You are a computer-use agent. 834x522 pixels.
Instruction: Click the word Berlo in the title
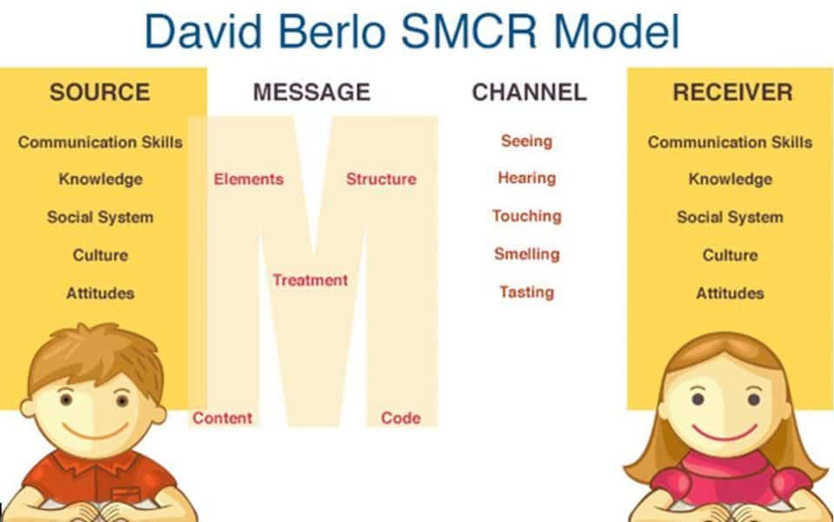point(331,31)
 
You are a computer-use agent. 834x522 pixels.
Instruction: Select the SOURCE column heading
point(99,92)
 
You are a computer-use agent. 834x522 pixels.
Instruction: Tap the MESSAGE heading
point(312,92)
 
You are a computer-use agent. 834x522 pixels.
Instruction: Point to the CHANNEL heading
point(529,92)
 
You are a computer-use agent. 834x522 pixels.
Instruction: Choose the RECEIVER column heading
point(732,92)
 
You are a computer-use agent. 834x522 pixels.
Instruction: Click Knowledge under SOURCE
point(101,179)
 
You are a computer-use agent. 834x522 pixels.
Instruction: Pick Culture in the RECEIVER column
point(730,255)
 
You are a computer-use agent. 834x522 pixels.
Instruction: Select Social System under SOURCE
point(100,217)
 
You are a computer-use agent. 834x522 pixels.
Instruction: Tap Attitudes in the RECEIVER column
point(730,293)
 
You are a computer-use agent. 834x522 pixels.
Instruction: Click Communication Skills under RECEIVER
point(730,142)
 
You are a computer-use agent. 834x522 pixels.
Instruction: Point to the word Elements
point(248,179)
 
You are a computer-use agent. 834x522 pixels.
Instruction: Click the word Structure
point(381,179)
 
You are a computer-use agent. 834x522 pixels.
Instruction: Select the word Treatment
point(310,280)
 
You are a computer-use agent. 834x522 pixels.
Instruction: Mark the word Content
point(222,418)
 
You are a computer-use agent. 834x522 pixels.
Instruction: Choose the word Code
point(400,418)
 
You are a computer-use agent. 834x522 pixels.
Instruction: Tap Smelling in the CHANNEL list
point(526,254)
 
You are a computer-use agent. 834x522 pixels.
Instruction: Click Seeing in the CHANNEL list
point(526,141)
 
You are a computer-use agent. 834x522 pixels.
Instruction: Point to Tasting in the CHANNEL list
point(526,292)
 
